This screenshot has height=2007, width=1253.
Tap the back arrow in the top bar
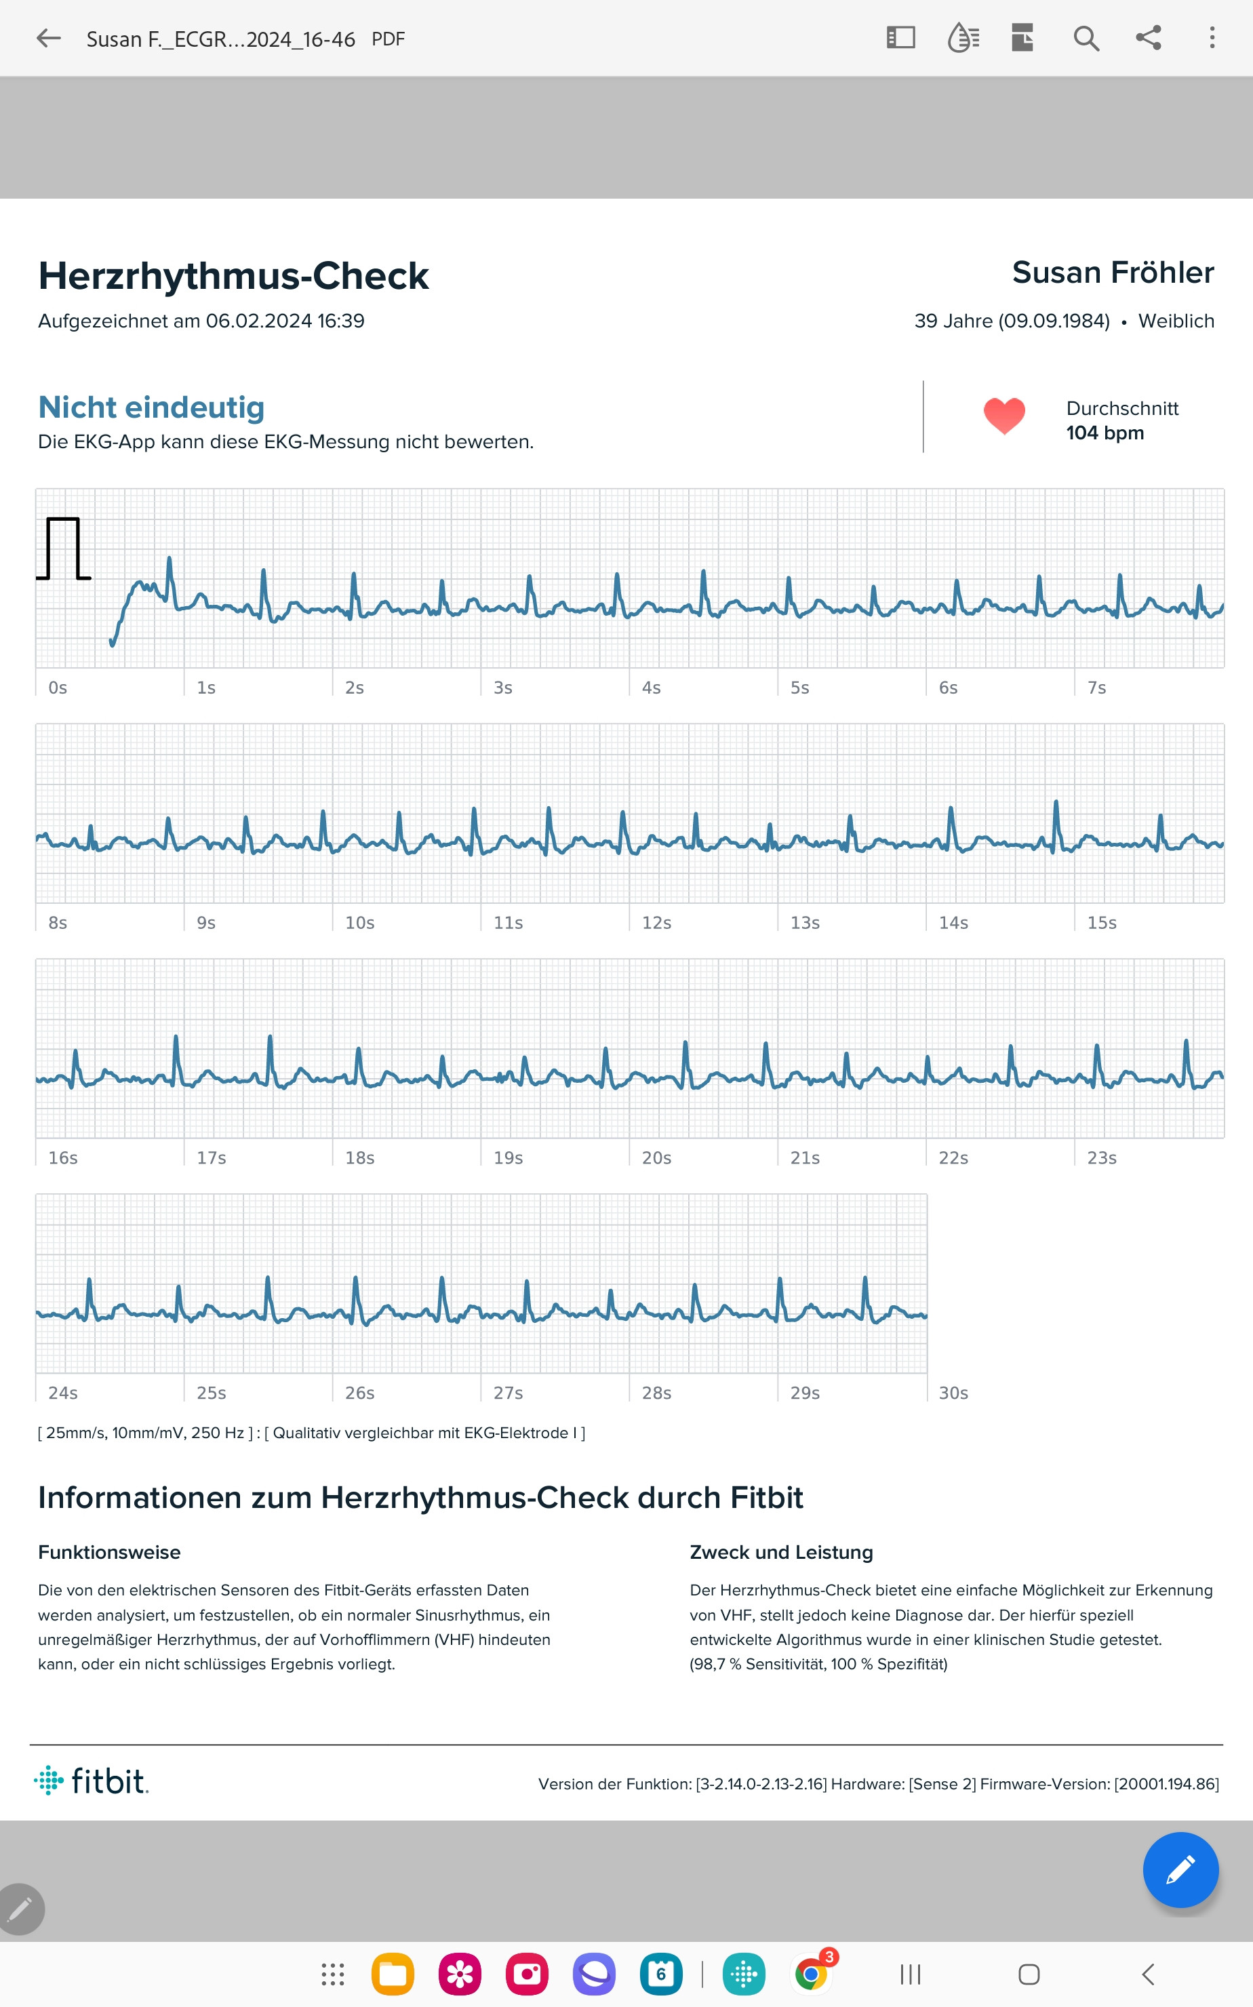pos(49,38)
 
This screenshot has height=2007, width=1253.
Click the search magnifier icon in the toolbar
pos(1086,38)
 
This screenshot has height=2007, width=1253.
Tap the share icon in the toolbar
pos(1149,37)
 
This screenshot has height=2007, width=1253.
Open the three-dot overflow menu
pos(1212,37)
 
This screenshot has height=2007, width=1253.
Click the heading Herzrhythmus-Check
pos(234,276)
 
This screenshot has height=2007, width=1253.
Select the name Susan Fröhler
pos(1113,273)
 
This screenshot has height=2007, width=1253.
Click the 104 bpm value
pos(1105,433)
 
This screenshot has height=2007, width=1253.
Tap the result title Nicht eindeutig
pos(152,408)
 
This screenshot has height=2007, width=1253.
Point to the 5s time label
pos(799,688)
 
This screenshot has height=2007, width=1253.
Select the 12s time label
pos(656,923)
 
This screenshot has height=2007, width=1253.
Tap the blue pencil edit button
pos(1180,1870)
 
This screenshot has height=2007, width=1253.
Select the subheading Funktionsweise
pos(109,1553)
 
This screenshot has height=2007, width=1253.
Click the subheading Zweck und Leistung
pos(782,1553)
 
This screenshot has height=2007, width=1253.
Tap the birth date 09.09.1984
pos(1053,321)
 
